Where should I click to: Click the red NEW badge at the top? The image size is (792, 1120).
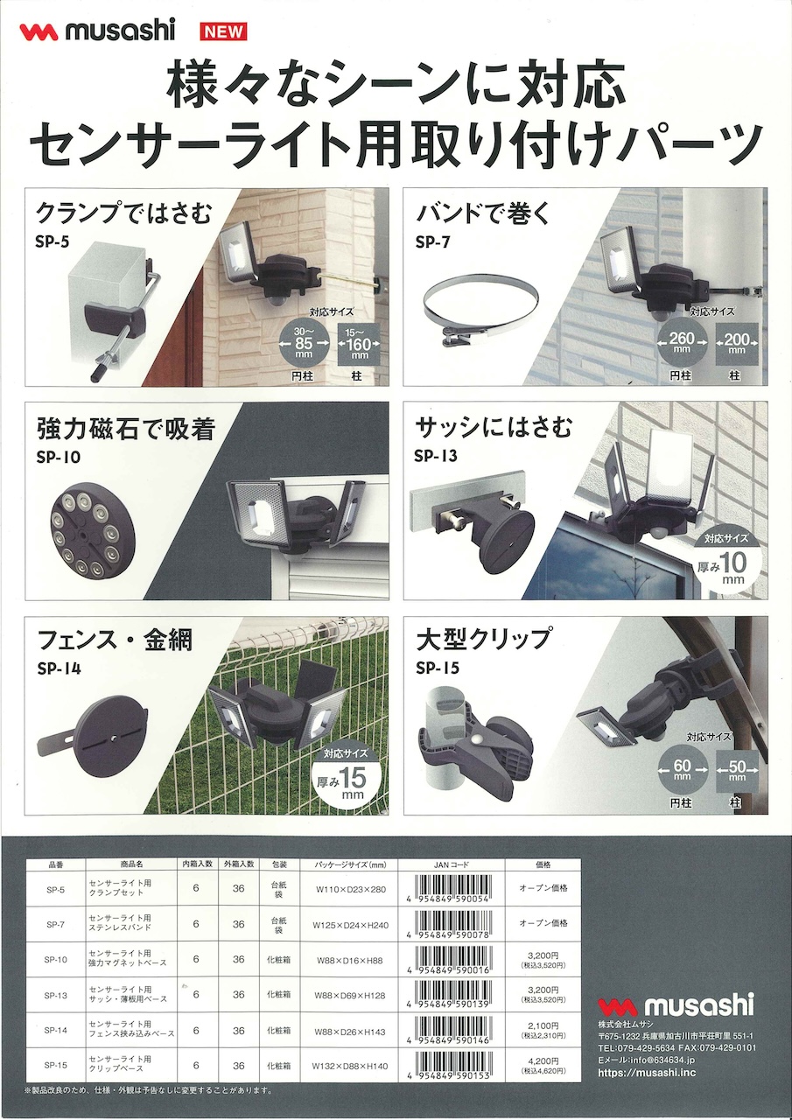[225, 31]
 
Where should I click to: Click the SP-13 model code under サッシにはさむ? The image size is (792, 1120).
[435, 455]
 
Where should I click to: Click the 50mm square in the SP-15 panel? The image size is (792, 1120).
[737, 771]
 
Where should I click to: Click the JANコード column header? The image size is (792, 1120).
[452, 864]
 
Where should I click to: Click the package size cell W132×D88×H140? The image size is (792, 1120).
[349, 1066]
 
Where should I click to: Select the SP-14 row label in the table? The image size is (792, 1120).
[55, 1030]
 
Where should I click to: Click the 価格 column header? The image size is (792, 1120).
[543, 864]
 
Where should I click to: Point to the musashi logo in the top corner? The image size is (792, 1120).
[97, 31]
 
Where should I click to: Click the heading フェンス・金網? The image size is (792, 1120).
[115, 640]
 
